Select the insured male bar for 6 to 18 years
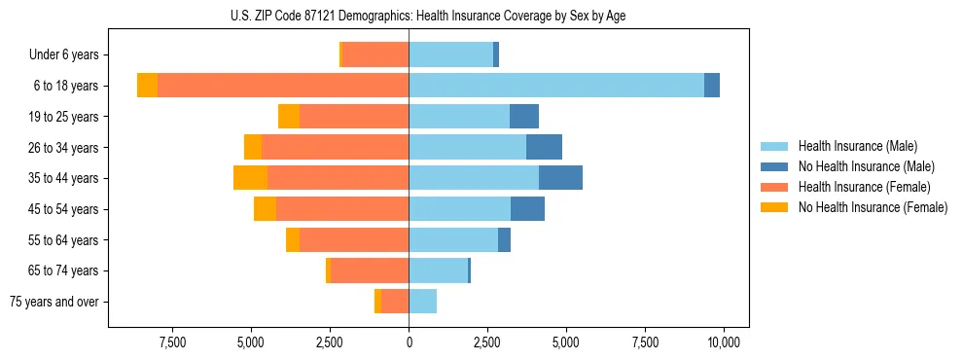click(556, 86)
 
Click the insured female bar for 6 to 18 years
click(283, 86)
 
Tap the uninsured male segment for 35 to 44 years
click(560, 178)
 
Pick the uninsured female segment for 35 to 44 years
click(251, 178)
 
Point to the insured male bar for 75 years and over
click(423, 302)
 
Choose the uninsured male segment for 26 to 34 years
click(544, 147)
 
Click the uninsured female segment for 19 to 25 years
click(289, 117)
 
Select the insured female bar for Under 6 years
click(375, 54)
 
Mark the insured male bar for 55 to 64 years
click(453, 240)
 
